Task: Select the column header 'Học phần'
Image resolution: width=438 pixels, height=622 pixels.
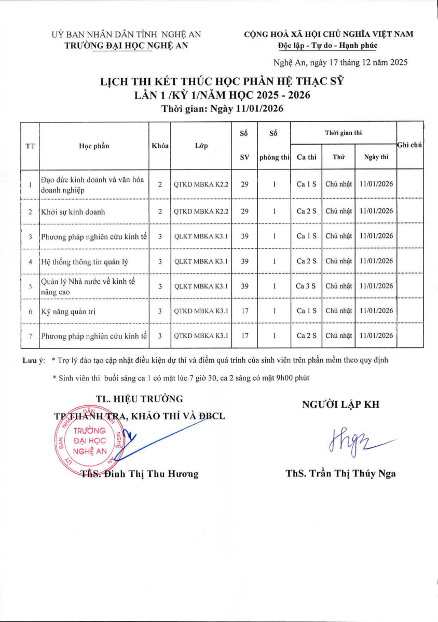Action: coord(94,146)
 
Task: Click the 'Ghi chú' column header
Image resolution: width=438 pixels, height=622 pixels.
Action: coord(409,146)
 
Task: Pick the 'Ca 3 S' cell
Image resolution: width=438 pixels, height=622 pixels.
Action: coord(306,286)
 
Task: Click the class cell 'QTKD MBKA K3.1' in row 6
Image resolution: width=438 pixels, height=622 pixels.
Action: coord(201,311)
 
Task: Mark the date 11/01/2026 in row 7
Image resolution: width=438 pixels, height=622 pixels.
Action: coord(376,336)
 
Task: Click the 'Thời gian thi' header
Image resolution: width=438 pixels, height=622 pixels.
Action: coord(343,133)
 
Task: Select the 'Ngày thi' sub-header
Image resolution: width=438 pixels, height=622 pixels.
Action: coord(376,157)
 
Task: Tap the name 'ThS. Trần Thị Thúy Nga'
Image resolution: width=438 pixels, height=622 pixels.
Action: coord(340,473)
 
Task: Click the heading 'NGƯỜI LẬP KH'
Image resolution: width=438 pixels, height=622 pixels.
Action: coord(340,405)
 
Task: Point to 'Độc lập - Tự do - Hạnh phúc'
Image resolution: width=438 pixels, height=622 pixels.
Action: coord(327,46)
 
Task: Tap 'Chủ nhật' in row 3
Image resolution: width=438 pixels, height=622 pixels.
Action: coord(338,236)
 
